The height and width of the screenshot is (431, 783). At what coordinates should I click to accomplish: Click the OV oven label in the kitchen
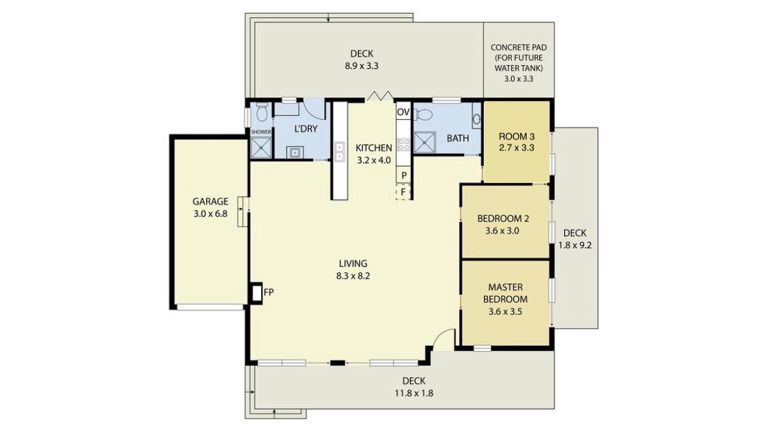point(403,112)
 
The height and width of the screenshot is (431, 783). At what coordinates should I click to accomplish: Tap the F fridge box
point(403,192)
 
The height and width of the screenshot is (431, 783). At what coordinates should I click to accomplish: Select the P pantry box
point(403,175)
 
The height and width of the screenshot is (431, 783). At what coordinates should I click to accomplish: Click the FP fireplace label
point(269,292)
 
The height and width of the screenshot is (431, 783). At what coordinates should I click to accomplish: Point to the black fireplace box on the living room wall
point(256,293)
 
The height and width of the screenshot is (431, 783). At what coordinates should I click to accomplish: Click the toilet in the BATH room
point(423,114)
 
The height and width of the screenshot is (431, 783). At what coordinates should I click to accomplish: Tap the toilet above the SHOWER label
point(261,112)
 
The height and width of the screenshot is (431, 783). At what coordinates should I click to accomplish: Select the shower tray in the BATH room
point(425,142)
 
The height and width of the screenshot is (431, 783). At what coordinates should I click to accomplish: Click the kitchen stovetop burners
point(404,145)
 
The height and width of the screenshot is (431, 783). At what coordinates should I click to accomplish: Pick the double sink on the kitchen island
point(339,152)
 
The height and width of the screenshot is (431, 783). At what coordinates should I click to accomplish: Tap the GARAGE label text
point(210,202)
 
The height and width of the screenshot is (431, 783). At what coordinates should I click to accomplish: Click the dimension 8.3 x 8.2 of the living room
point(353,276)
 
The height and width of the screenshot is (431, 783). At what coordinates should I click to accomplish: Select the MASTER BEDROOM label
point(505,293)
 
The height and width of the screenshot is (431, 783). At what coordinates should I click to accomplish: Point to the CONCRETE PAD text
point(518,47)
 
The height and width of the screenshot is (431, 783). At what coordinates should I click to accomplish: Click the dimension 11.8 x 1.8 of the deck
point(414,394)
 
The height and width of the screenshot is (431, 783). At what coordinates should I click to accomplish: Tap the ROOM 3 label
point(517,136)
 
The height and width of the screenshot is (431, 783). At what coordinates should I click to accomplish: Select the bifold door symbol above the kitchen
point(379,96)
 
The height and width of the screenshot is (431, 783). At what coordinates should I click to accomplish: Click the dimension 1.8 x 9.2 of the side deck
point(574,246)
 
